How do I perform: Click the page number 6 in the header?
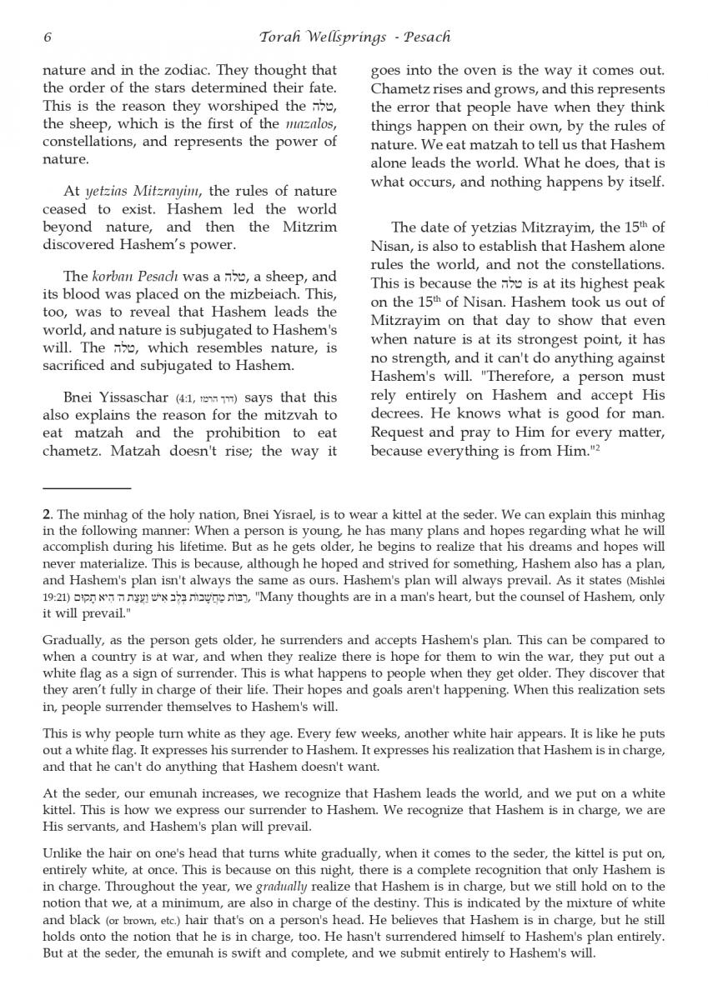pyautogui.click(x=47, y=37)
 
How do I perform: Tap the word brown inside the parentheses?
pyautogui.click(x=114, y=922)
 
